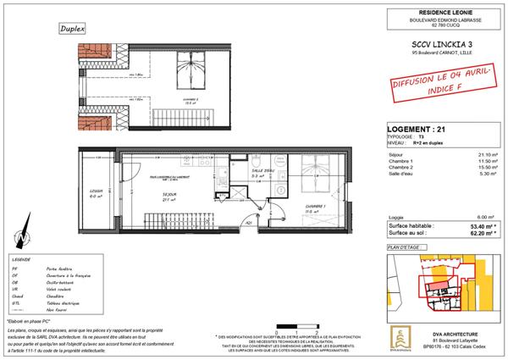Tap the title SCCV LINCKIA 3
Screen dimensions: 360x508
pyautogui.click(x=427, y=42)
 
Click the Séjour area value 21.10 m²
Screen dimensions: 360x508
pyautogui.click(x=486, y=154)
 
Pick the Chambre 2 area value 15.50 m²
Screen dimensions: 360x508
pyautogui.click(x=486, y=167)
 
